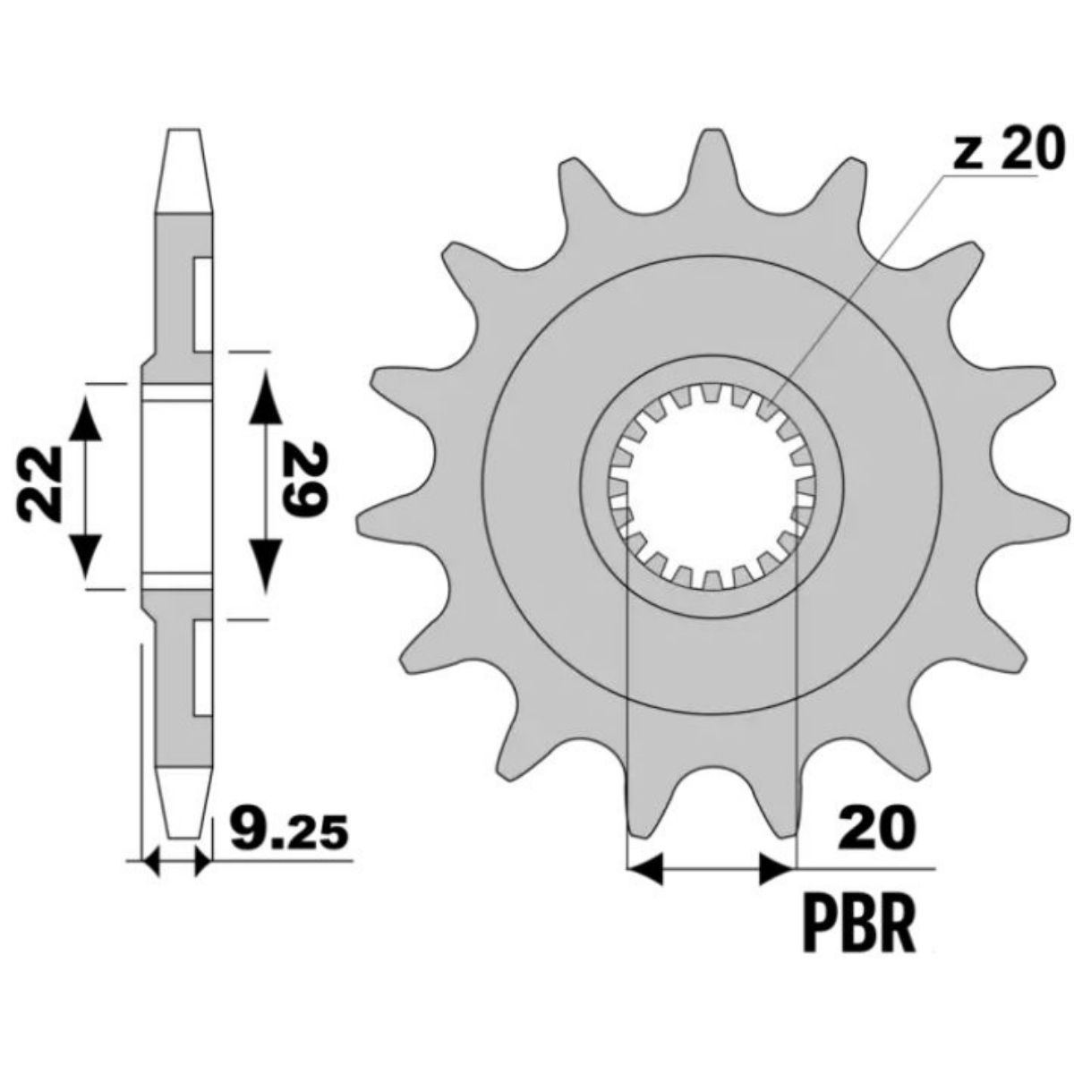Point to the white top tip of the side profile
184,170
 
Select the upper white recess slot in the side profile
203,304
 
